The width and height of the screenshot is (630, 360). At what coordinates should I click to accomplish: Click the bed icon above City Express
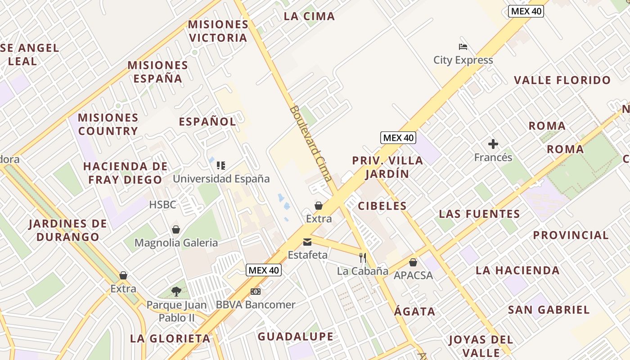point(463,46)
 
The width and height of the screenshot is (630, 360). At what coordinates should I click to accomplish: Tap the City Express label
point(463,60)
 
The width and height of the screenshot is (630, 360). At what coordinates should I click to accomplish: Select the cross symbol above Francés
point(493,144)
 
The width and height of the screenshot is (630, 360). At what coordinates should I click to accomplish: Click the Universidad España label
point(221,179)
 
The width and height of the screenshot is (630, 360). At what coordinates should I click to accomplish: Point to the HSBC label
point(162,205)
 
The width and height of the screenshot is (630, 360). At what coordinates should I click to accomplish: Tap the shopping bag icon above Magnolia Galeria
point(176,229)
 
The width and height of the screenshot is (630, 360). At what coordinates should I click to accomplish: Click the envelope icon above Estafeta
point(307,242)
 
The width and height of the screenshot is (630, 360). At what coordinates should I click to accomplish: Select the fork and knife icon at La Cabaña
point(363,258)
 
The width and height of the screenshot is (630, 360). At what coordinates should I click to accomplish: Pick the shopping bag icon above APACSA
point(413,262)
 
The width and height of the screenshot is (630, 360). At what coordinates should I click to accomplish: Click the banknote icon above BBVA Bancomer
point(256,292)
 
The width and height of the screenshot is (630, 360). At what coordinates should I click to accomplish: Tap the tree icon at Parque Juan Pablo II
point(176,292)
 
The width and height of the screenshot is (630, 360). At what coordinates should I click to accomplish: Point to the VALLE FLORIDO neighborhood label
point(562,81)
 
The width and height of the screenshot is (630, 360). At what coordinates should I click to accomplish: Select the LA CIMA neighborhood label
point(309,17)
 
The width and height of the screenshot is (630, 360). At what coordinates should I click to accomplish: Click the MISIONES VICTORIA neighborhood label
point(218,31)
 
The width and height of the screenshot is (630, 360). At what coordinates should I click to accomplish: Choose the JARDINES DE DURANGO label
point(67,230)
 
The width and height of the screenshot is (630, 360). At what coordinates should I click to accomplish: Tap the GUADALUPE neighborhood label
point(296,337)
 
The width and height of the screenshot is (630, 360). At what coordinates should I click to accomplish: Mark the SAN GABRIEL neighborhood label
point(549,310)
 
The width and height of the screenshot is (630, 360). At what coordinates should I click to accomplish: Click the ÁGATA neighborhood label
point(415,311)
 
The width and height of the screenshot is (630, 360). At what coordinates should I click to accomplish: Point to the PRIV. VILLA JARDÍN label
point(387,167)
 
